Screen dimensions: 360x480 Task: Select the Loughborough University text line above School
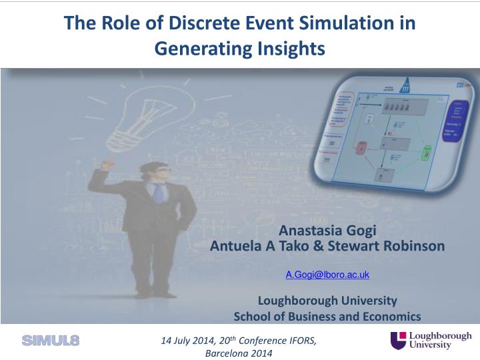click(327, 300)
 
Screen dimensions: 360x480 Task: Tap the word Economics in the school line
click(391, 316)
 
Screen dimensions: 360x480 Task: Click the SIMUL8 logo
click(51, 341)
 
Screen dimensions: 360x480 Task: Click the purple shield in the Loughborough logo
click(398, 340)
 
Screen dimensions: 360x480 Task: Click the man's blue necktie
click(157, 193)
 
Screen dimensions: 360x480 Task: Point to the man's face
click(155, 169)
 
